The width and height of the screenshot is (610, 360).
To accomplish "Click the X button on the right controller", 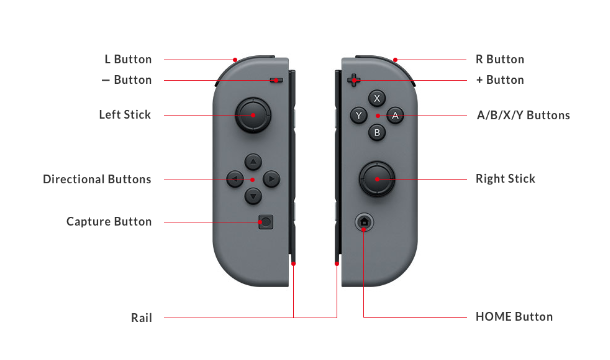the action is click(x=377, y=98).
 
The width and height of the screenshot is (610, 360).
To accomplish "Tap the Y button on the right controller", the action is click(x=359, y=116).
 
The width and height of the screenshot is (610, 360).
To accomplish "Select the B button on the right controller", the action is click(x=377, y=133).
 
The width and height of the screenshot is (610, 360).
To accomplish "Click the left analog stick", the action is click(x=253, y=115).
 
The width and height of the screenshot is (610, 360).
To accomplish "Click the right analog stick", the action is click(x=377, y=179).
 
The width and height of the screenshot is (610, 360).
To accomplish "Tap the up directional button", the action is click(x=253, y=162).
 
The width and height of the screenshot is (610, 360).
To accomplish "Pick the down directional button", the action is click(x=253, y=196).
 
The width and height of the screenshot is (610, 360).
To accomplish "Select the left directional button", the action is click(x=235, y=179).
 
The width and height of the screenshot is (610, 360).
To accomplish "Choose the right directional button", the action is click(x=271, y=179).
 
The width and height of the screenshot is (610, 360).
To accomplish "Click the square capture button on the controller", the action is click(x=266, y=222).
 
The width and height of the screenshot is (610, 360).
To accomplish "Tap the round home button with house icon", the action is click(x=364, y=222).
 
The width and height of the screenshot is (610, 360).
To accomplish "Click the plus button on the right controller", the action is click(x=354, y=80).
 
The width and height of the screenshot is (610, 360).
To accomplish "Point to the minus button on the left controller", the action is click(x=276, y=81).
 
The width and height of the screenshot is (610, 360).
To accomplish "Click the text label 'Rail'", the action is click(x=142, y=318).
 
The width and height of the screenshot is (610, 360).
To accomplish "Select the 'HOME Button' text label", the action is click(x=514, y=317).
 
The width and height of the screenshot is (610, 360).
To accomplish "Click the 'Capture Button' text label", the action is click(x=109, y=221).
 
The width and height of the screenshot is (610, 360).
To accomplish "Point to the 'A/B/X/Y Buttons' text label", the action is click(x=523, y=115).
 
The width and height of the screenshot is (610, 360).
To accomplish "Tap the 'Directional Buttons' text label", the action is click(x=97, y=179).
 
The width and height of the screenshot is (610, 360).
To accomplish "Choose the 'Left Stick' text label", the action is click(x=125, y=115).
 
